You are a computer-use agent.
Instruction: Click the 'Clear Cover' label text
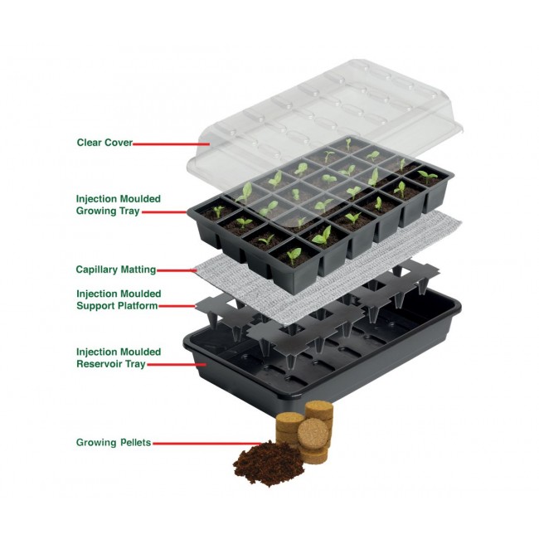pyautogui.click(x=104, y=143)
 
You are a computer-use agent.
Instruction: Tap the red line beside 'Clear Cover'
pyautogui.click(x=163, y=143)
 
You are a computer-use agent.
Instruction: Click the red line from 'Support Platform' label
pyautogui.click(x=177, y=307)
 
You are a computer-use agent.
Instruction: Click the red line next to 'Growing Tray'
pyautogui.click(x=166, y=212)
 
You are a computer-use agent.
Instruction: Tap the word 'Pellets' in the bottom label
pyautogui.click(x=135, y=442)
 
